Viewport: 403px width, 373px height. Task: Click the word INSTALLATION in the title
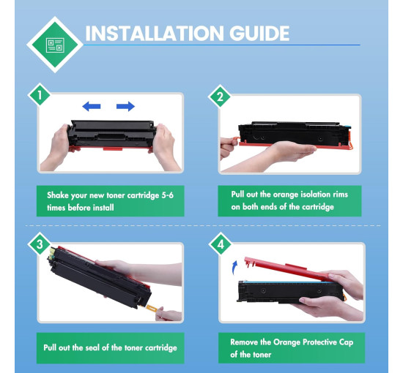(x=154, y=34)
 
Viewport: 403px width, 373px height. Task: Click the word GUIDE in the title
(x=259, y=34)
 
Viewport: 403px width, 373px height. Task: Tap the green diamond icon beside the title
(x=55, y=45)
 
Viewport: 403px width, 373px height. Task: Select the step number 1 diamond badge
(x=40, y=95)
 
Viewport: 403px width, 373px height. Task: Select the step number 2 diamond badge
(x=220, y=97)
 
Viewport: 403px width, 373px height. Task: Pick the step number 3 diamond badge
(x=40, y=244)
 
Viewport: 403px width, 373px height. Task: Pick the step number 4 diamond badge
(x=221, y=244)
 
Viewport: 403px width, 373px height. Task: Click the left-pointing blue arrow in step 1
(x=92, y=106)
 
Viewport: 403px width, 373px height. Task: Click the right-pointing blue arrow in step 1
(x=125, y=106)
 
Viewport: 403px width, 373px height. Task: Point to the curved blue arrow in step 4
(x=234, y=268)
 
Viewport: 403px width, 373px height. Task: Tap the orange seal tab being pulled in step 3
(x=152, y=308)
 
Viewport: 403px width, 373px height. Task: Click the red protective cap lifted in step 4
(x=288, y=269)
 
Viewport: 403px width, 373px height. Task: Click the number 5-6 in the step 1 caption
(x=167, y=195)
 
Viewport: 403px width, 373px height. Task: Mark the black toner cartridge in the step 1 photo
(x=111, y=134)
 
